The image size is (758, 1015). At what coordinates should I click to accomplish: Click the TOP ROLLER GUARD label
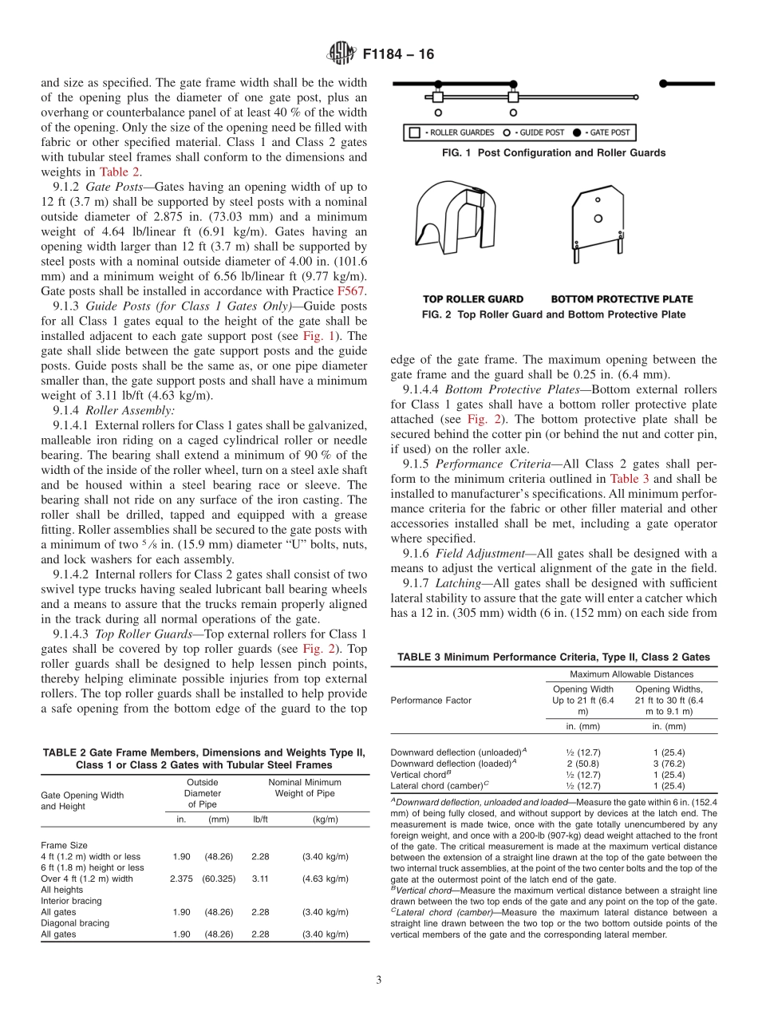tap(473, 299)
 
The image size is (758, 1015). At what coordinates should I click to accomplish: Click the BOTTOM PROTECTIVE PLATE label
tap(622, 299)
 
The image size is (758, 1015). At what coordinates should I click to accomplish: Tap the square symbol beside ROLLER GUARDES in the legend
tap(415, 132)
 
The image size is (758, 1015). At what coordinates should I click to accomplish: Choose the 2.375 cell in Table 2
tap(181, 879)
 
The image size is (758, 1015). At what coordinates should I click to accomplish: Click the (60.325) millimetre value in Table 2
tap(219, 879)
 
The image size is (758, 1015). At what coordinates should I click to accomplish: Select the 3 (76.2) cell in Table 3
tap(669, 763)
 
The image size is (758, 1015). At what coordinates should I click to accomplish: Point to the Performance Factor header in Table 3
tap(431, 700)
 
